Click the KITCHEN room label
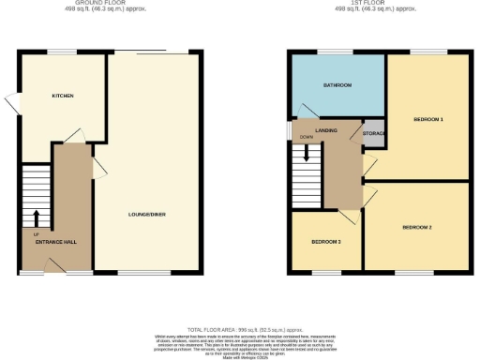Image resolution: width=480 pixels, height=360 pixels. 62,96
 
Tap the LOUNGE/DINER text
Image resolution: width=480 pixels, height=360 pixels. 147,215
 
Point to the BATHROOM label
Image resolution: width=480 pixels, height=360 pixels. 337,85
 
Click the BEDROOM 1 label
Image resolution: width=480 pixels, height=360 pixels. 428,120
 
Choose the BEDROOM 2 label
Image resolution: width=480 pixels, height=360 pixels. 417,228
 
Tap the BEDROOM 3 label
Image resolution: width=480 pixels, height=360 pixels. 326,242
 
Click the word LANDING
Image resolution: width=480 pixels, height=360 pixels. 327,131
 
